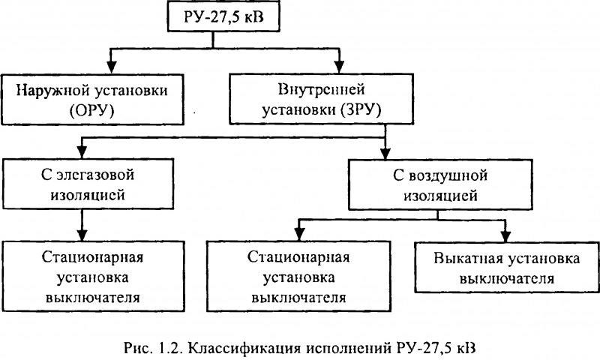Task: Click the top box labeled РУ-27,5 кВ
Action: click(221, 17)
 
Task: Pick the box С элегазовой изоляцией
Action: click(83, 187)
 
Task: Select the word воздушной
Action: click(442, 178)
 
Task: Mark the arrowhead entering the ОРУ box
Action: click(112, 67)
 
